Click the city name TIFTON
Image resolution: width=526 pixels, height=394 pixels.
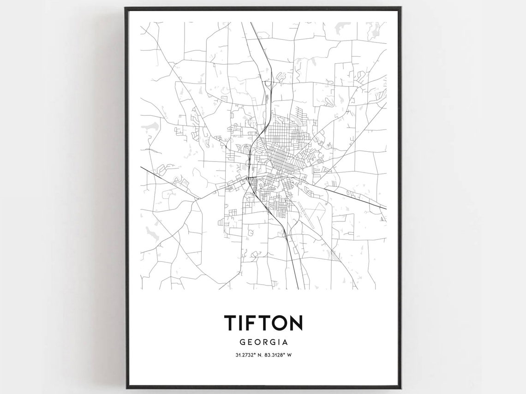tap(263, 323)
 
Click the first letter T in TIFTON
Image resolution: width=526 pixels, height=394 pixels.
tap(230, 323)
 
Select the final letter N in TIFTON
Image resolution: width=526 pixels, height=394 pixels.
tap(296, 323)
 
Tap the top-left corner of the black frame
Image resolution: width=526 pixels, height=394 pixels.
tap(126, 8)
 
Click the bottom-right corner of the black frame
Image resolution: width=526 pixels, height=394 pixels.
tap(400, 388)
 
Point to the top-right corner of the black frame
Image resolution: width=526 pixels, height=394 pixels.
tap(400, 8)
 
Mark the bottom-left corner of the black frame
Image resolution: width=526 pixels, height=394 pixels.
tap(126, 388)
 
